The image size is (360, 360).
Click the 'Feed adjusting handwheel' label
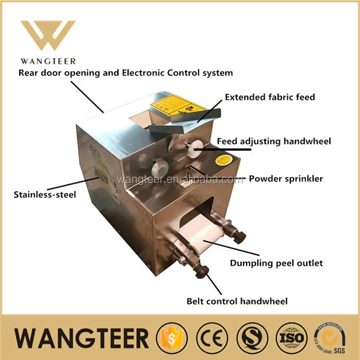point(274,141)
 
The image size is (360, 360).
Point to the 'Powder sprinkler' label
point(286,179)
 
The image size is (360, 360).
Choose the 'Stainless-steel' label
point(45,195)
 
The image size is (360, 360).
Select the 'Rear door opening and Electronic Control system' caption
point(126,72)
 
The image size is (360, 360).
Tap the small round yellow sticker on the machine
point(224,160)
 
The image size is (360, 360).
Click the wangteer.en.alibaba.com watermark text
point(180,180)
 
